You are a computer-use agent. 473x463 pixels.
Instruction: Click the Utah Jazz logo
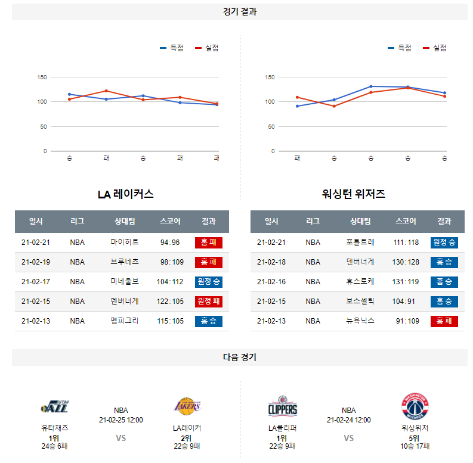tap(54, 408)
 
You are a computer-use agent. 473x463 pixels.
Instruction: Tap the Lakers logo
tap(187, 407)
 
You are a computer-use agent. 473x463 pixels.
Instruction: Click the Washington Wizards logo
tap(415, 407)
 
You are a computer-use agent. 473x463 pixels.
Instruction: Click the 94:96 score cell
tap(169, 243)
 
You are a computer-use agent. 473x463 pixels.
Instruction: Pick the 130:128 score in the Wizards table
tap(406, 262)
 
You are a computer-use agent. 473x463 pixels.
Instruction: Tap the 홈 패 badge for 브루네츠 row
tap(208, 262)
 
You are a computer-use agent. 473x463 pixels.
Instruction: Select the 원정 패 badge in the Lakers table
tap(208, 302)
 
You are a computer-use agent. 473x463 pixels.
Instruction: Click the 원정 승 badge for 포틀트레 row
tap(444, 243)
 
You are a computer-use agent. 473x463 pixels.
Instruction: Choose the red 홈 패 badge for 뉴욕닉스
tap(444, 321)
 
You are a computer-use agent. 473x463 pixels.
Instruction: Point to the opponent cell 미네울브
tap(125, 282)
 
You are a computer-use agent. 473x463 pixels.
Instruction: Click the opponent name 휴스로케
tap(360, 282)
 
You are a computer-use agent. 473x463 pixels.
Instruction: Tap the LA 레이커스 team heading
tap(126, 194)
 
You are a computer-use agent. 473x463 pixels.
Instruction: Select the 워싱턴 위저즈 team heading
tap(354, 194)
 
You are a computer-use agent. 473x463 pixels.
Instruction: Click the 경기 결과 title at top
tap(239, 12)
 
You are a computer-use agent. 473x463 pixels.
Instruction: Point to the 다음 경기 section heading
tap(239, 358)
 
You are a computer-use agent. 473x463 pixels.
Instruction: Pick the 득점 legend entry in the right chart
tap(400, 48)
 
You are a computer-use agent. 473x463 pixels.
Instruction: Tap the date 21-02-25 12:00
tap(121, 420)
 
